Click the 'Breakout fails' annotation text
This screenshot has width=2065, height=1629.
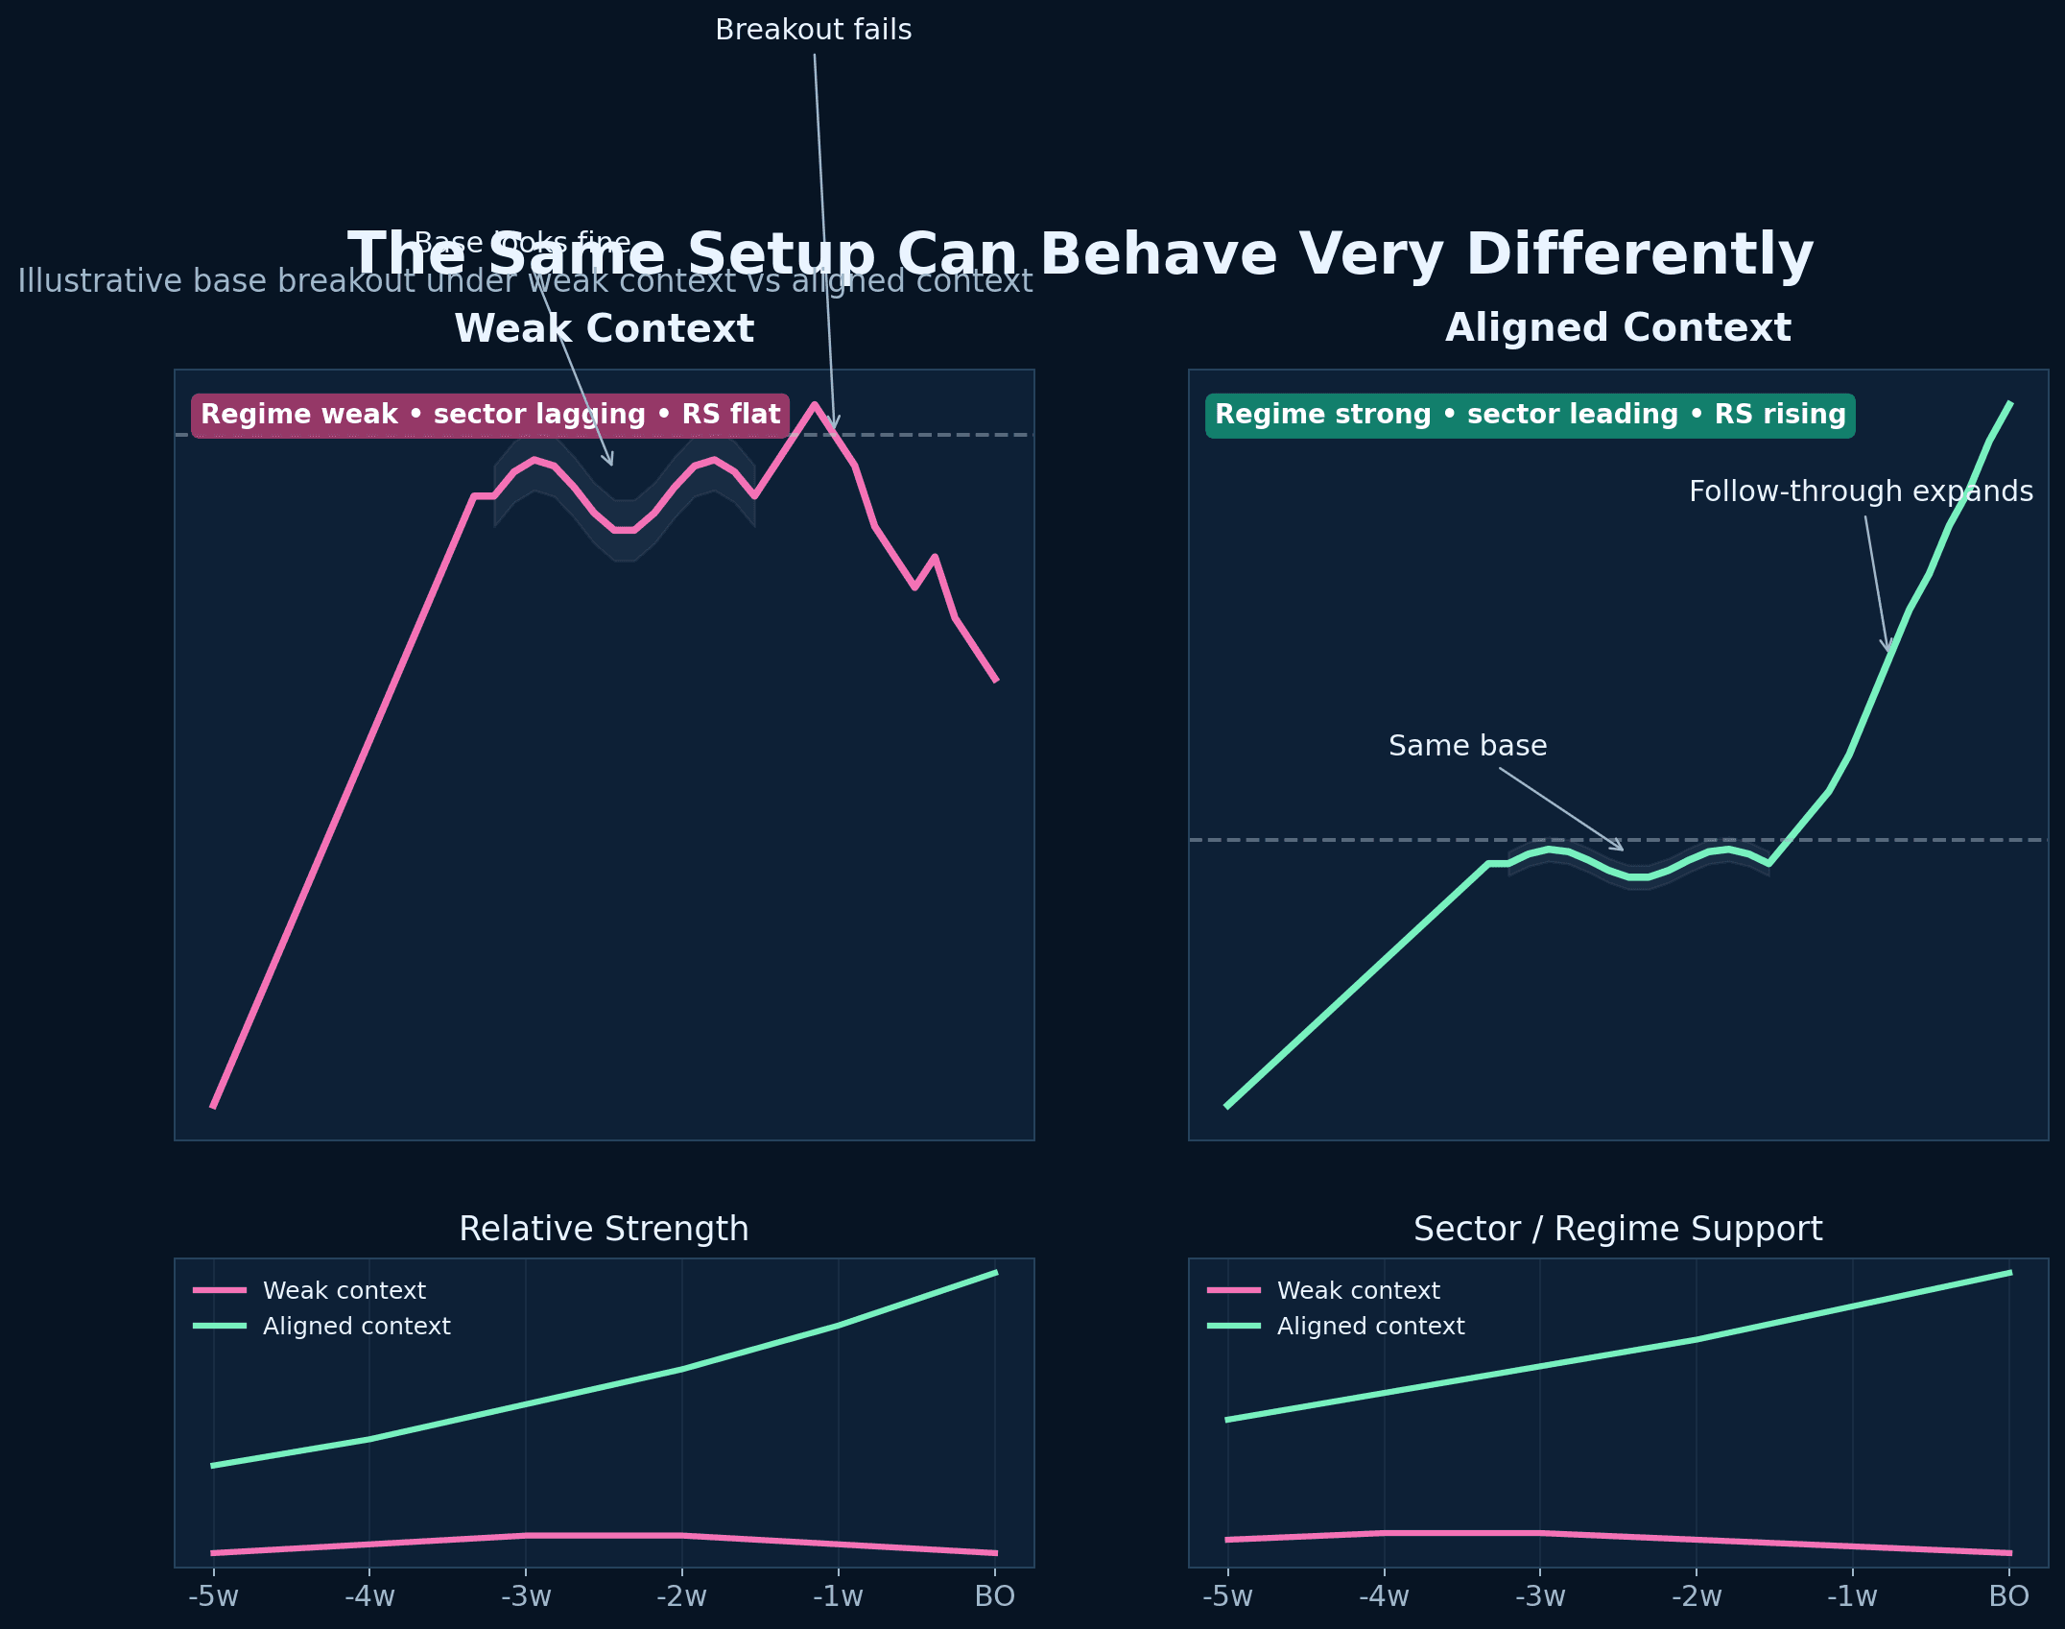pyautogui.click(x=813, y=31)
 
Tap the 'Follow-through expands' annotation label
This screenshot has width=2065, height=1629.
pyautogui.click(x=1860, y=491)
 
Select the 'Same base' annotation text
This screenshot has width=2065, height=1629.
pyautogui.click(x=1467, y=746)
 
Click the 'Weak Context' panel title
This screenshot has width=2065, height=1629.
pyautogui.click(x=604, y=329)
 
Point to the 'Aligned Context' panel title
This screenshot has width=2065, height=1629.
pyautogui.click(x=1618, y=328)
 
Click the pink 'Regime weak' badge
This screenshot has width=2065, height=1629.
pyautogui.click(x=489, y=415)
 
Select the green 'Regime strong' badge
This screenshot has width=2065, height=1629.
pyautogui.click(x=1530, y=415)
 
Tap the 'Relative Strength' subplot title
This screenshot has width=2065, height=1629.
pyautogui.click(x=604, y=1229)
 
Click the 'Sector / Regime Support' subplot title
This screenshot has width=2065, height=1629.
pyautogui.click(x=1618, y=1229)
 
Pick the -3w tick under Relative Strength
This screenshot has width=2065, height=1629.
pyautogui.click(x=526, y=1597)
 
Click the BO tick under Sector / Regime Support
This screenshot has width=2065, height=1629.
pyautogui.click(x=2008, y=1597)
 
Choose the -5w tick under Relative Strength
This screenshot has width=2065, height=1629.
pyautogui.click(x=213, y=1597)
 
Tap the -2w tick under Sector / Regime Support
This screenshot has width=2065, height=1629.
pyautogui.click(x=1697, y=1597)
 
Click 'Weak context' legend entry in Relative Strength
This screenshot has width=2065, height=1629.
pyautogui.click(x=344, y=1291)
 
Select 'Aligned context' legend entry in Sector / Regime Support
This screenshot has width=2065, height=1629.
pyautogui.click(x=1370, y=1327)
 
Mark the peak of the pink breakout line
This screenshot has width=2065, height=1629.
pyautogui.click(x=815, y=405)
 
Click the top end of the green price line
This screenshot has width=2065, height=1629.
pyautogui.click(x=2009, y=404)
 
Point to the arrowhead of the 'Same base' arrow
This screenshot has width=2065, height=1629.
pyautogui.click(x=1622, y=850)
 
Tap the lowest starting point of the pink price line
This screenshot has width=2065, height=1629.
pyautogui.click(x=213, y=1106)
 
